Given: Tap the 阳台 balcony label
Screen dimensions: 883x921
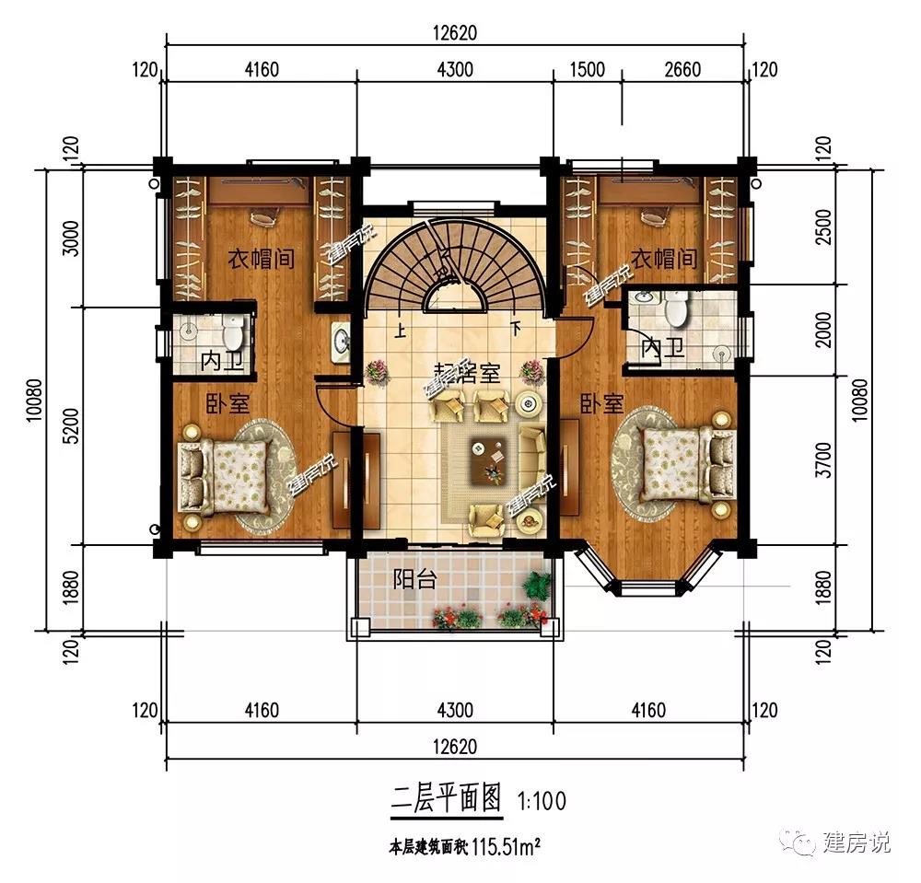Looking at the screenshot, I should click(414, 579).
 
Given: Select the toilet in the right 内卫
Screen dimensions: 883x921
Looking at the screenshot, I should click(677, 308).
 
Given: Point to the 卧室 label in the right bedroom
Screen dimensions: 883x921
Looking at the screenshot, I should click(601, 404).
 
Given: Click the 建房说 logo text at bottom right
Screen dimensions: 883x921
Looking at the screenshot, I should click(856, 842).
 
